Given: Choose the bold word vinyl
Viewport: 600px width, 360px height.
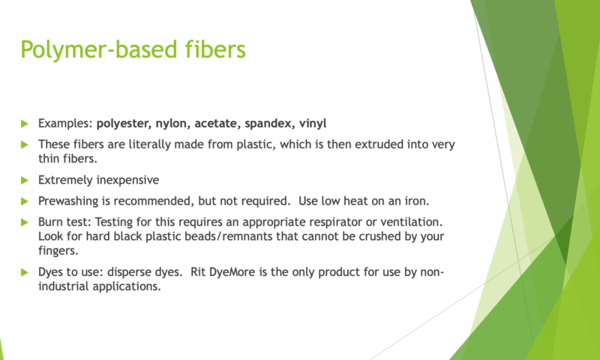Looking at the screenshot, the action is [x=313, y=124].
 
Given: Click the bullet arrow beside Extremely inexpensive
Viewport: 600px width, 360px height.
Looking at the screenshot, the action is [x=25, y=180].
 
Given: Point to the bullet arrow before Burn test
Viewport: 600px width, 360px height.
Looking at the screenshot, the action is [x=25, y=222].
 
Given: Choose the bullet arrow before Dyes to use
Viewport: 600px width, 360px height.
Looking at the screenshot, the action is [x=25, y=272].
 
